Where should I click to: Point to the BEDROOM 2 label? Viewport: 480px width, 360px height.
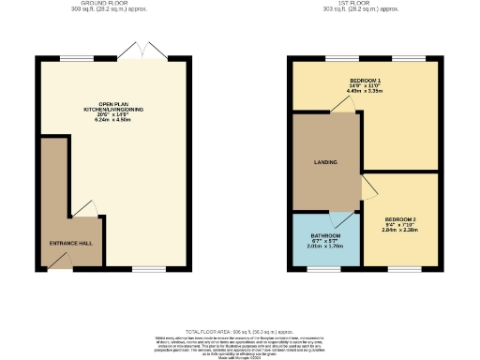tap(400, 218)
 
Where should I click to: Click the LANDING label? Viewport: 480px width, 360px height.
tap(325, 162)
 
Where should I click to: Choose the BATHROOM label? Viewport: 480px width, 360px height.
tap(325, 235)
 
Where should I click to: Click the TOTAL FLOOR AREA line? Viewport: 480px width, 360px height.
tap(238, 332)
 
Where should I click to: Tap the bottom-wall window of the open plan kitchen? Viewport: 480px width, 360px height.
tap(148, 269)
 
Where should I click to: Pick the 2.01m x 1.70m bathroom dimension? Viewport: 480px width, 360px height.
tap(325, 248)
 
